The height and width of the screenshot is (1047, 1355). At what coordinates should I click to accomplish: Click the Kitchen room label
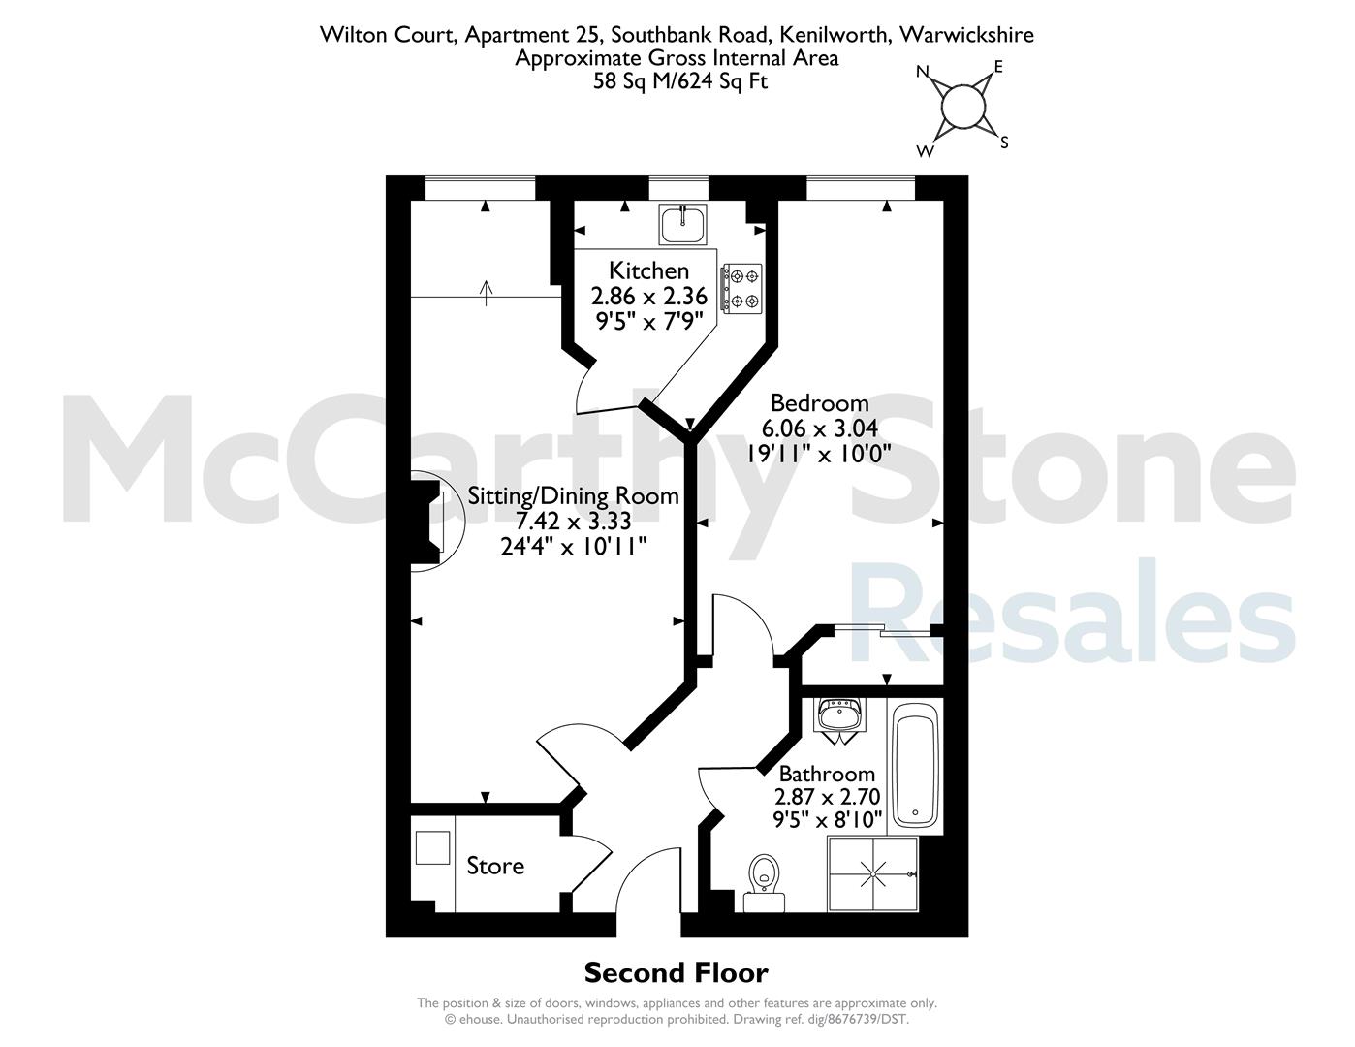click(x=648, y=270)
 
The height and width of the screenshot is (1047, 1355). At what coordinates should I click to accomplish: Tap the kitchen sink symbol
click(x=683, y=225)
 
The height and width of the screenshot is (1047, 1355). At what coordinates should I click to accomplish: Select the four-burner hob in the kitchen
click(x=741, y=289)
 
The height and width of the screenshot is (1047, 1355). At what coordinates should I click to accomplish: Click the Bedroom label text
click(x=819, y=402)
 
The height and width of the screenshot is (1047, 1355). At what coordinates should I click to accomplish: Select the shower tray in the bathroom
click(x=872, y=873)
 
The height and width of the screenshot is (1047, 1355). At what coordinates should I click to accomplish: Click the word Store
click(x=495, y=866)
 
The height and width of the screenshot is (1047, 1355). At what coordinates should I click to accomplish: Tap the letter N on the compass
click(x=923, y=72)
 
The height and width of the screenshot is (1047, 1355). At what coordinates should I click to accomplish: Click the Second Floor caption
click(x=676, y=972)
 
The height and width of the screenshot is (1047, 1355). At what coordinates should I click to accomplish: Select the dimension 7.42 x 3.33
click(x=574, y=522)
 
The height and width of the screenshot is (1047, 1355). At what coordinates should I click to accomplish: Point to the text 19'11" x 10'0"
click(x=818, y=453)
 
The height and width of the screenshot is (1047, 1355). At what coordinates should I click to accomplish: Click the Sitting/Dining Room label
click(x=574, y=496)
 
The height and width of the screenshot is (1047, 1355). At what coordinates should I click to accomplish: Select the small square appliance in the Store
click(x=432, y=847)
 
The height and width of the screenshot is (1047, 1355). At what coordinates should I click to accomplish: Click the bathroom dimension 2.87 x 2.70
click(x=827, y=797)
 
